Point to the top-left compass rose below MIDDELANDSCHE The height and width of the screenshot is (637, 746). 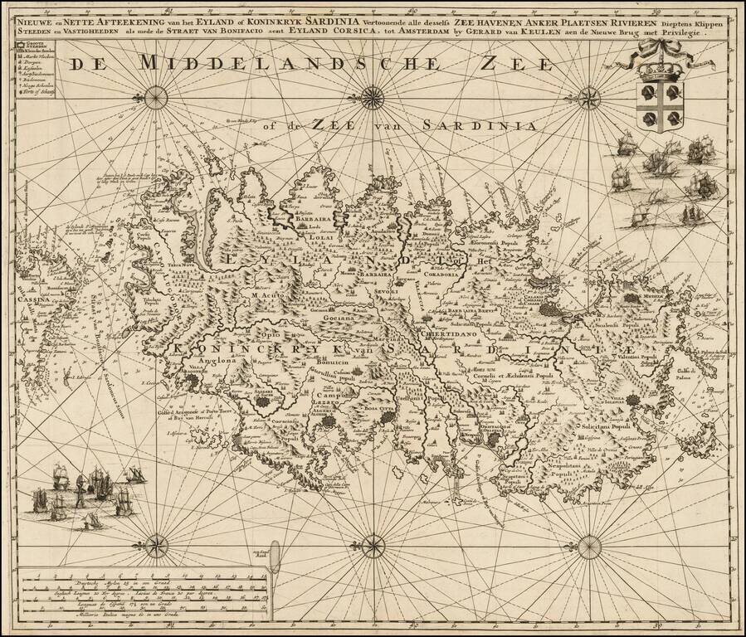156,98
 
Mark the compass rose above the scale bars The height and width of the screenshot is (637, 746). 156,546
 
